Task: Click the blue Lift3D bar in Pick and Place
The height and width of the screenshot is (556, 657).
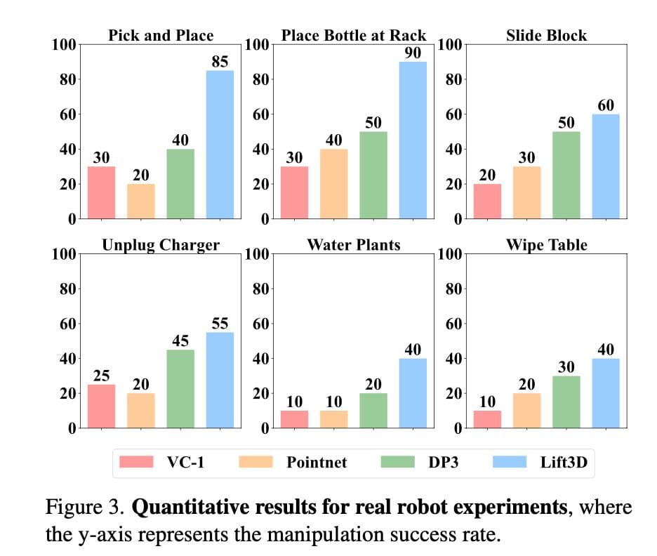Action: pyautogui.click(x=220, y=145)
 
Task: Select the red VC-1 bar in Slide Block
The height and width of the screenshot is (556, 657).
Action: pyautogui.click(x=487, y=201)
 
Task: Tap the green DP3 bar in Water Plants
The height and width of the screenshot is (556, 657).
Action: pyautogui.click(x=373, y=410)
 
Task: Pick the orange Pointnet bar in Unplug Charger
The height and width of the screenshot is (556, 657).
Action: pyautogui.click(x=141, y=410)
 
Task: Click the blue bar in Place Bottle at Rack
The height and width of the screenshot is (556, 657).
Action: pyautogui.click(x=413, y=140)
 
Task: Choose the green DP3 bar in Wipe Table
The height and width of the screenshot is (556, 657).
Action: pyautogui.click(x=566, y=402)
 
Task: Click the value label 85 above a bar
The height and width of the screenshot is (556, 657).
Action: pyautogui.click(x=220, y=61)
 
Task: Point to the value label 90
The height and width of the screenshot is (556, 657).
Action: pyautogui.click(x=413, y=53)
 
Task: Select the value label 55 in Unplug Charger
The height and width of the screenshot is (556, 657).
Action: pyautogui.click(x=220, y=323)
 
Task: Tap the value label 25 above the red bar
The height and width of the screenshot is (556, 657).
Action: pyautogui.click(x=102, y=376)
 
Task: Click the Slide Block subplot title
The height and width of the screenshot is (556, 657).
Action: pyautogui.click(x=546, y=35)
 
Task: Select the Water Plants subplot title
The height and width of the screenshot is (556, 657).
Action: pyautogui.click(x=353, y=245)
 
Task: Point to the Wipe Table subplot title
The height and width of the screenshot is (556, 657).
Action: pyautogui.click(x=546, y=245)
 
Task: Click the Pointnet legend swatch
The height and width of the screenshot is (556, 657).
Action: pyautogui.click(x=257, y=462)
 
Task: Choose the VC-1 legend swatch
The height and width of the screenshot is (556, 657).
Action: pyautogui.click(x=138, y=462)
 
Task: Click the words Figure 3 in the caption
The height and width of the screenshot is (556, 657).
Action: pyautogui.click(x=83, y=506)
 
